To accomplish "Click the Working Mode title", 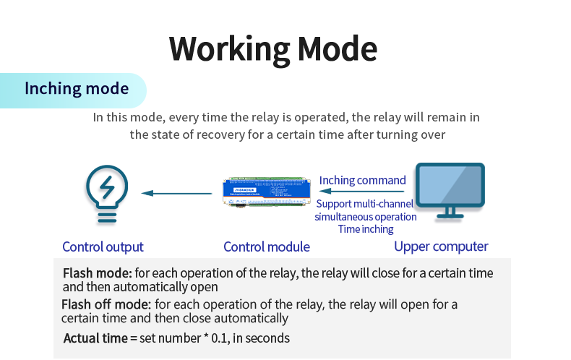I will (273, 48).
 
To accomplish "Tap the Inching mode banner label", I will (77, 89).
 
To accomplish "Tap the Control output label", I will (103, 247).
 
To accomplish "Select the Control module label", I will (267, 247).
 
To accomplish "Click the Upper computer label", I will (441, 247).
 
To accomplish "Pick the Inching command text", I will (363, 180).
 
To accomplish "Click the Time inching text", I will (366, 229).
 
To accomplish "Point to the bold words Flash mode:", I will (97, 273).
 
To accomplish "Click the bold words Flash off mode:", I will (106, 304).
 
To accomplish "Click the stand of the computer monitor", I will (449, 213).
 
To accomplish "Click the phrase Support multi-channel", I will (365, 204).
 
